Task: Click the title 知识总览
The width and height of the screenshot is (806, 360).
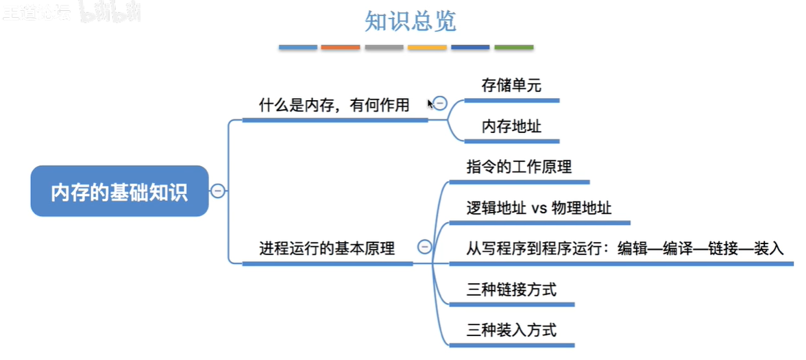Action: click(x=410, y=21)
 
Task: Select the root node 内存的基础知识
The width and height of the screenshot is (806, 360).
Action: click(x=119, y=191)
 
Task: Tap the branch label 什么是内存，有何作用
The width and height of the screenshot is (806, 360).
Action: click(x=334, y=105)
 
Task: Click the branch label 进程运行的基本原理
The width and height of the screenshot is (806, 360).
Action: click(x=327, y=248)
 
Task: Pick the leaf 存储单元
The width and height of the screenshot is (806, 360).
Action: click(x=511, y=86)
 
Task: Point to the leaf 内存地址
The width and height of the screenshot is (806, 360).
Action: click(x=511, y=127)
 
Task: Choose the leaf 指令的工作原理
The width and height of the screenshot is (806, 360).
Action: click(x=519, y=167)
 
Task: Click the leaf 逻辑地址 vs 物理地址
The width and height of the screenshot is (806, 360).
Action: click(x=539, y=208)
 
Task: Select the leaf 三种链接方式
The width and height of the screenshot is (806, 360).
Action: click(x=511, y=289)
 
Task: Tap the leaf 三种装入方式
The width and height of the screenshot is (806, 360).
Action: click(x=511, y=330)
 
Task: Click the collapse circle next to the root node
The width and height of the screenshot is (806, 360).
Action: click(x=218, y=191)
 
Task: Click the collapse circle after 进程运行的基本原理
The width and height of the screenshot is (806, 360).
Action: click(x=425, y=247)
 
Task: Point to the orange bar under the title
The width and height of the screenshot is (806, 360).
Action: click(x=341, y=47)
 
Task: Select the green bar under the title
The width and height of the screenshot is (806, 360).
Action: click(x=513, y=47)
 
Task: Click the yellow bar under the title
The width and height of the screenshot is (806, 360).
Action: click(x=427, y=47)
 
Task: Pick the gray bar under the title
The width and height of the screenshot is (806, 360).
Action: click(x=384, y=47)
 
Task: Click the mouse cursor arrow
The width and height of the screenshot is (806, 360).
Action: click(x=430, y=104)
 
